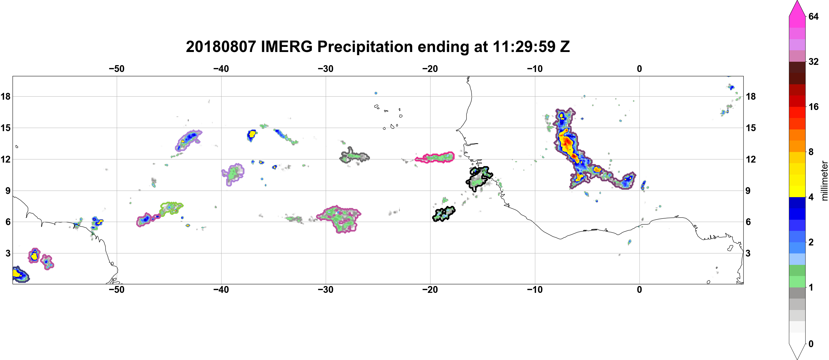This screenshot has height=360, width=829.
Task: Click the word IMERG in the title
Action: click(x=286, y=47)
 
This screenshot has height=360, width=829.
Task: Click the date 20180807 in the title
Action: click(x=221, y=47)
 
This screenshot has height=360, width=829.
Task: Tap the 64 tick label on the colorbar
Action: click(x=814, y=16)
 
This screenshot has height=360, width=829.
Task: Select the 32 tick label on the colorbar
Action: click(x=814, y=61)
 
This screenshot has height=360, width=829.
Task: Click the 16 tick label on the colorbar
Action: click(x=814, y=107)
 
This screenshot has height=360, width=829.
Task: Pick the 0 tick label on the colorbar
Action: click(x=811, y=344)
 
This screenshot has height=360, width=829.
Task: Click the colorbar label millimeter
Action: click(x=824, y=181)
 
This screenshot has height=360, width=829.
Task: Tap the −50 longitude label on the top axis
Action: click(x=116, y=69)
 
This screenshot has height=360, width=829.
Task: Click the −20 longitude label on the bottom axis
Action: click(x=430, y=290)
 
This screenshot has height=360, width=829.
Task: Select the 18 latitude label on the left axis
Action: click(x=5, y=96)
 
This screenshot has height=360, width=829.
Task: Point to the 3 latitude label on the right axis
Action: click(x=748, y=253)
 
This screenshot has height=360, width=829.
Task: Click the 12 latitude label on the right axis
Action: click(x=751, y=159)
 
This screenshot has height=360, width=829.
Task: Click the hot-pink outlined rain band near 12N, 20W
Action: click(x=434, y=157)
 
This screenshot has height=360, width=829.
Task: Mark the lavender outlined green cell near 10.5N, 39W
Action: click(x=233, y=174)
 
